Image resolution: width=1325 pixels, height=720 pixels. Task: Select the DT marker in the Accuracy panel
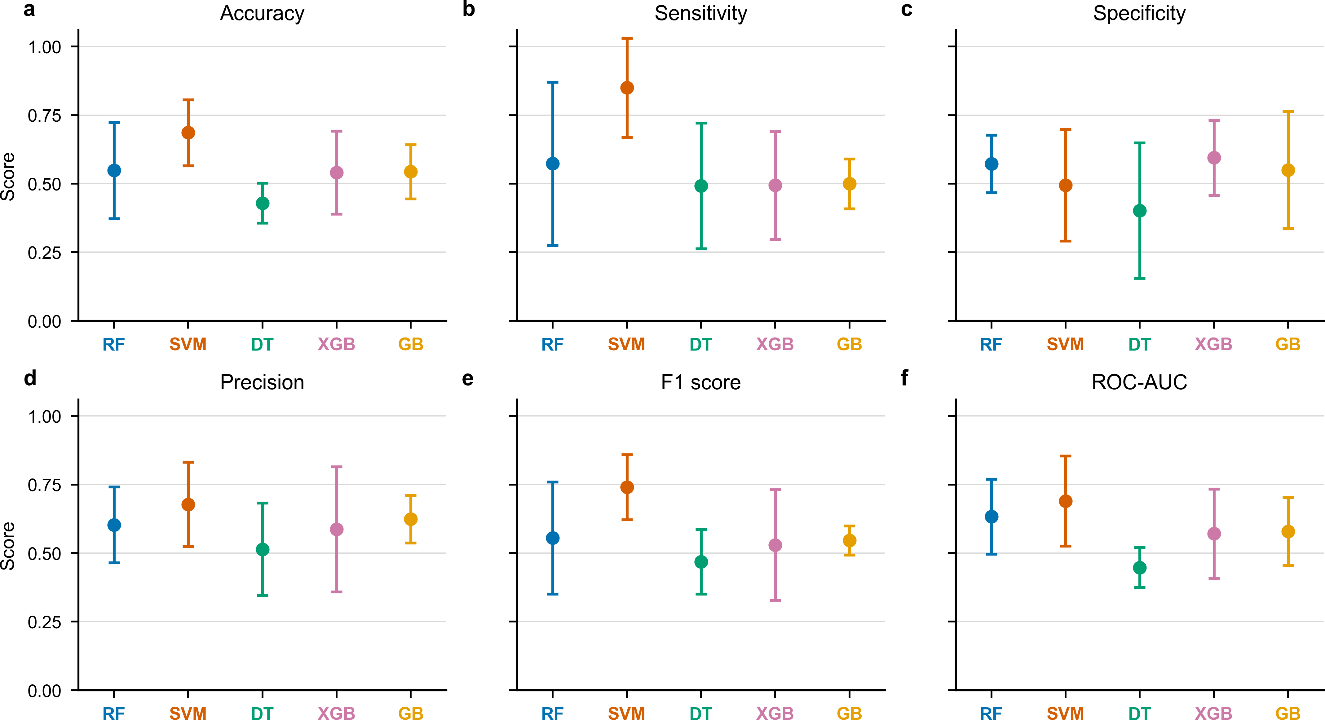pos(262,203)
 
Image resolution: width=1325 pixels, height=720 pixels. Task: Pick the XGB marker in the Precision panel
pos(336,529)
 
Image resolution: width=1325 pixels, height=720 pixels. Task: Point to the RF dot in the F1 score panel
pos(552,538)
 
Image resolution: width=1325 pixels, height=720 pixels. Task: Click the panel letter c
pos(907,9)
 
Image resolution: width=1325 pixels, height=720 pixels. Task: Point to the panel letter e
pos(468,379)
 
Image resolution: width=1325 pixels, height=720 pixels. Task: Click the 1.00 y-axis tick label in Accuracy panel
pos(45,47)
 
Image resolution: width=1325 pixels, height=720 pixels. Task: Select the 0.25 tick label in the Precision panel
pos(45,622)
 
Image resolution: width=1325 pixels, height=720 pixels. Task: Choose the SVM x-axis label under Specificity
pos(1065,344)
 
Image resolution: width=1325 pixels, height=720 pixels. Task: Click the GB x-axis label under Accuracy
pos(410,344)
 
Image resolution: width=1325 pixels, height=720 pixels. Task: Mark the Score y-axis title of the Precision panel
pos(8,546)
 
